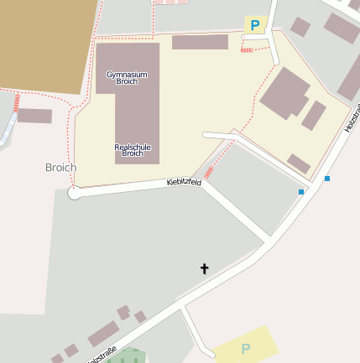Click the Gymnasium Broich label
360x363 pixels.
pos(127,78)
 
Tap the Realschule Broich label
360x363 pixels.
pos(133,150)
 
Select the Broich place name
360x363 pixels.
pos(60,168)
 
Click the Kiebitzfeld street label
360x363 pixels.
pos(184,181)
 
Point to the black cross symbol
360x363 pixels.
pos(203,268)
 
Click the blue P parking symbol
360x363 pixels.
pos(254,25)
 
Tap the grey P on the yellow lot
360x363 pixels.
pos(246,349)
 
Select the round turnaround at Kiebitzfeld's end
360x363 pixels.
pos(74,194)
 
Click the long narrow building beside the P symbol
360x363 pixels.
pos(200,42)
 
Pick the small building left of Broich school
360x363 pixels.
pos(34,116)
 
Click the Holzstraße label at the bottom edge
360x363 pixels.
pos(101,355)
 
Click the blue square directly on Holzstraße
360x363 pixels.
pos(327,178)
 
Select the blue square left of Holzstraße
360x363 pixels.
pos(301,192)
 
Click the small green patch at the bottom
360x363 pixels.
pos(126,356)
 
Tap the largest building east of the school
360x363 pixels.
pos(285,93)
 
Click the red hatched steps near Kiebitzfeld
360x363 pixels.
pos(208,173)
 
